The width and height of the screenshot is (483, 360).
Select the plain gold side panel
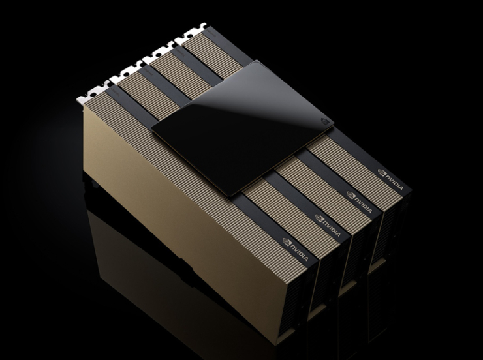pos(163,189)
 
